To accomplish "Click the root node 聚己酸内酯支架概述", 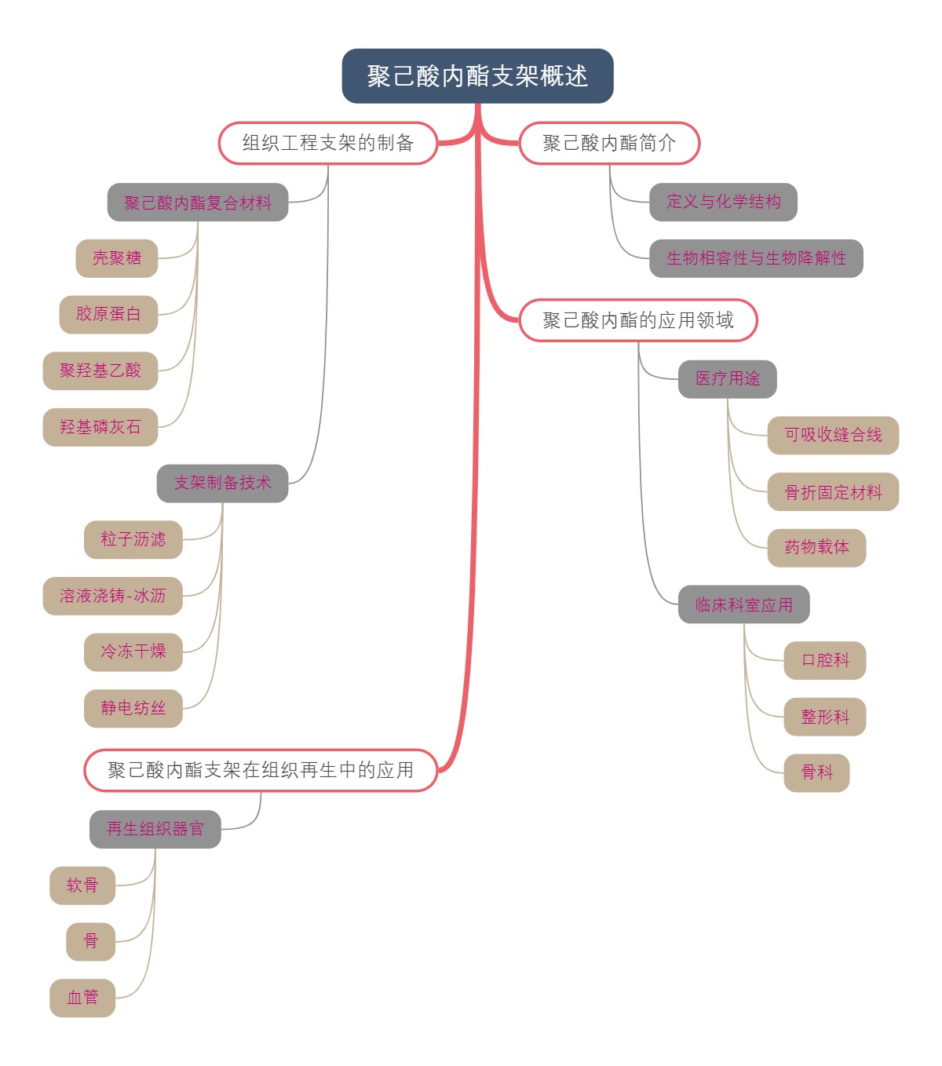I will click(x=477, y=76).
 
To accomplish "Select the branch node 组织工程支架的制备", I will click(x=328, y=143).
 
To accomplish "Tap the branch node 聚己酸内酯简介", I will click(x=609, y=143).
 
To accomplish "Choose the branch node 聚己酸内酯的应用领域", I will click(x=638, y=320).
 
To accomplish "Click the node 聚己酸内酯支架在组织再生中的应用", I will click(x=261, y=770).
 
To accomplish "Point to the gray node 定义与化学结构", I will click(x=723, y=202).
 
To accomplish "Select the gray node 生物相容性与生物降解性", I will click(x=756, y=258).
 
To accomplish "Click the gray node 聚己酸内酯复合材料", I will click(x=198, y=203).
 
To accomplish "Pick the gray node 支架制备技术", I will click(x=223, y=483).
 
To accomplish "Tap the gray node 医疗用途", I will click(x=728, y=379).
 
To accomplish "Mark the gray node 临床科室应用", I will click(x=743, y=604).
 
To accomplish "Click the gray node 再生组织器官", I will click(x=155, y=829).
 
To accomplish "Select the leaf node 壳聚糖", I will click(x=117, y=258).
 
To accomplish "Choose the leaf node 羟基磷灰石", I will click(x=100, y=427).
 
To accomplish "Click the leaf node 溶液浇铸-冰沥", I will click(x=113, y=596).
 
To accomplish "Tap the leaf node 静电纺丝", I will click(x=133, y=708).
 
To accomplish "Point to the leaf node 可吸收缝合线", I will click(x=833, y=435).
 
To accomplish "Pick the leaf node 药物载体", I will click(x=816, y=547).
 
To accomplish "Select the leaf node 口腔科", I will click(x=825, y=660).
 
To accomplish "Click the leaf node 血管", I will click(x=82, y=998).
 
